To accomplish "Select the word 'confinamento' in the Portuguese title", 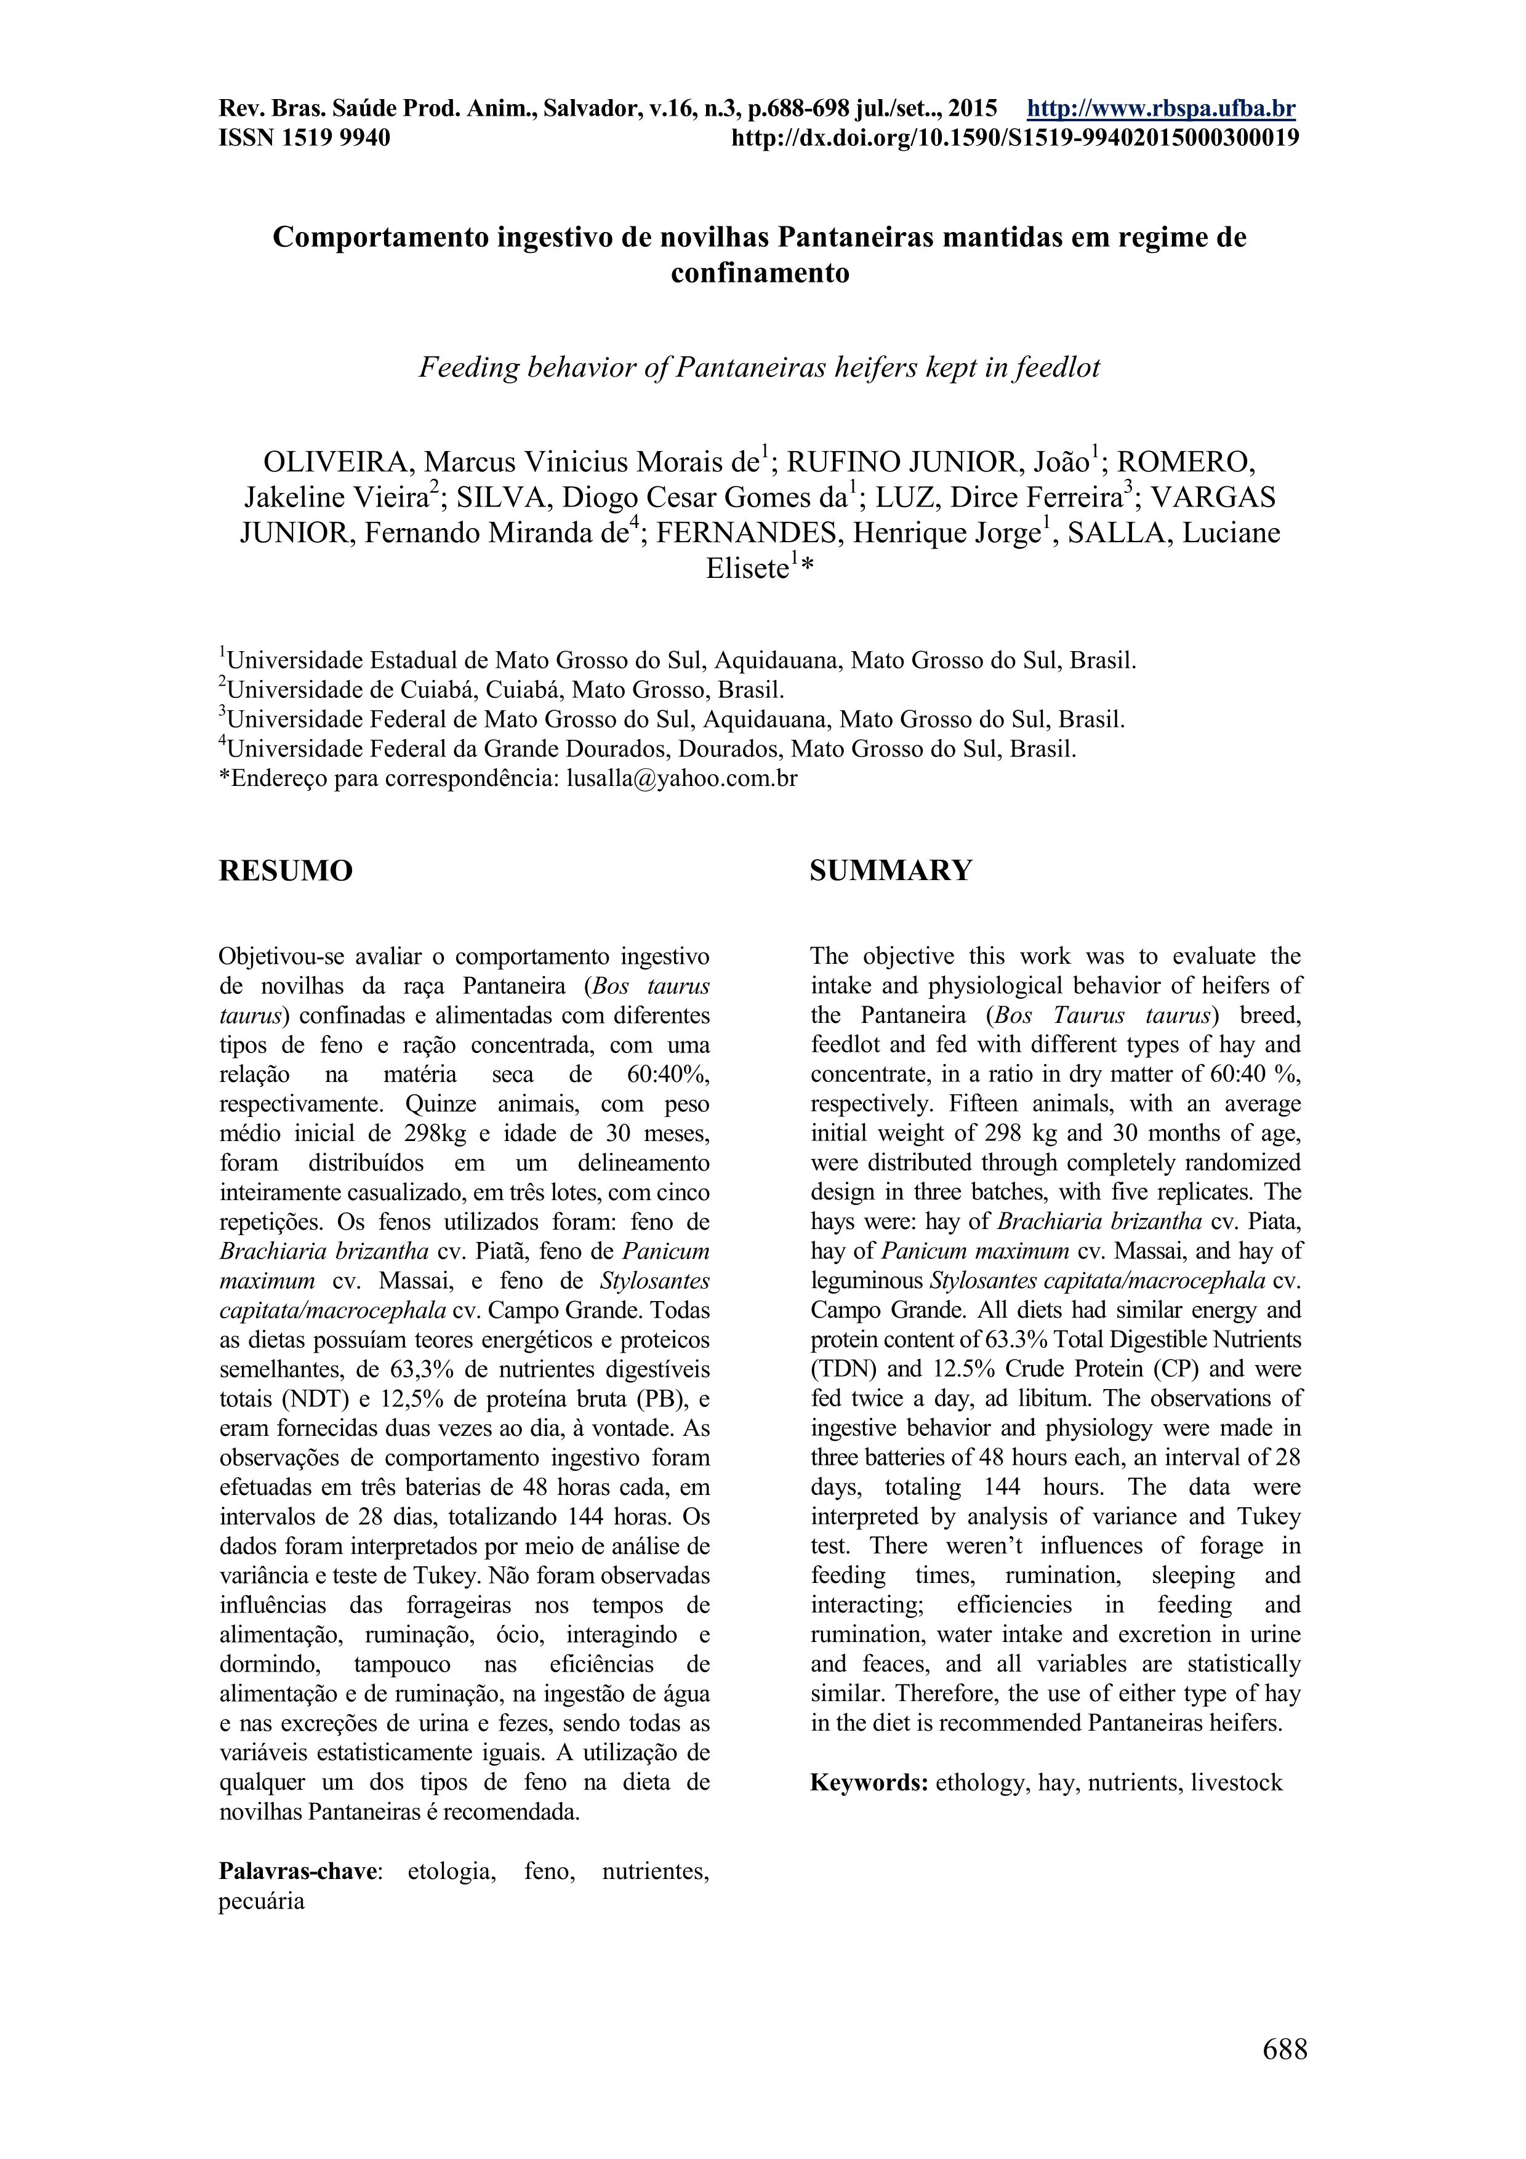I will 760,274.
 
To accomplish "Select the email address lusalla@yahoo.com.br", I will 681,779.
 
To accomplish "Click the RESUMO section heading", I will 286,871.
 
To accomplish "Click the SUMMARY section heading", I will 890,871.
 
